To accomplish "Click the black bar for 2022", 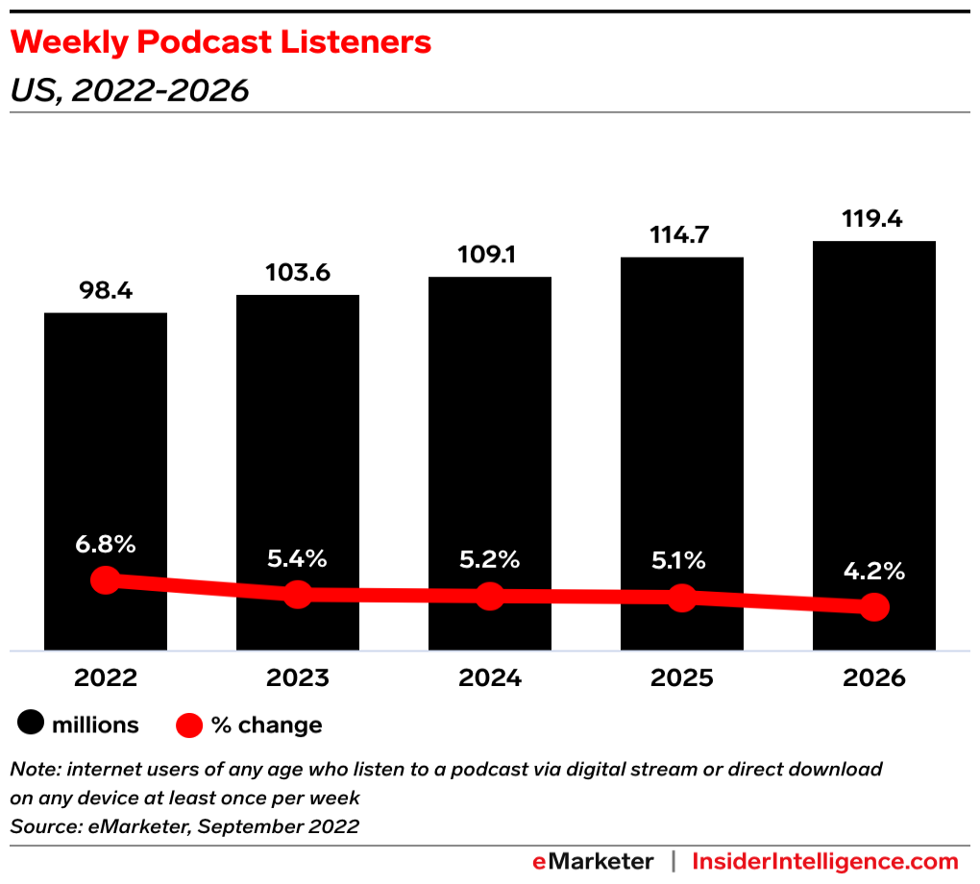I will click(106, 432).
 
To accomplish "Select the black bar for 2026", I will click(874, 404).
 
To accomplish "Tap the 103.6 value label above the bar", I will click(298, 273).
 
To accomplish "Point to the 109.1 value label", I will click(490, 256).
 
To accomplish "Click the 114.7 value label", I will click(682, 235).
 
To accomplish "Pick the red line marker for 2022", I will click(106, 580).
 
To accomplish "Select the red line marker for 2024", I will click(490, 596).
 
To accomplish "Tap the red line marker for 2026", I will click(874, 606).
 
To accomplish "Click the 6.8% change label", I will click(106, 544).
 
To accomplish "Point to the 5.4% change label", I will click(298, 558).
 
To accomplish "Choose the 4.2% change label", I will click(874, 572).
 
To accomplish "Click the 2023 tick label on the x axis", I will click(298, 678).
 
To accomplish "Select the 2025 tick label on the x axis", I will click(682, 678).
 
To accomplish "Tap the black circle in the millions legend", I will click(31, 724).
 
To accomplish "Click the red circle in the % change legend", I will click(190, 724).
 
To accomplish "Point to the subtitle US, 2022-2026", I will click(129, 90).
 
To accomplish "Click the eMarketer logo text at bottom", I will click(593, 861).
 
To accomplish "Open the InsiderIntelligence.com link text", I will click(825, 861).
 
